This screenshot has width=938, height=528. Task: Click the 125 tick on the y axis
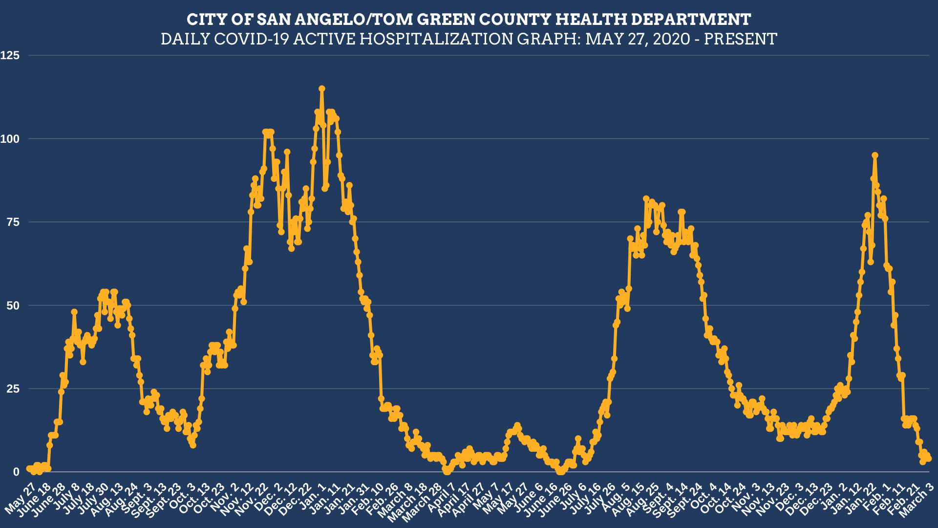coord(10,56)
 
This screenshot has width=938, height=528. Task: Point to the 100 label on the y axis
coord(10,139)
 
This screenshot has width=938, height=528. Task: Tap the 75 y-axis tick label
coord(13,222)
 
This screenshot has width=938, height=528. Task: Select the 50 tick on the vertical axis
coord(13,306)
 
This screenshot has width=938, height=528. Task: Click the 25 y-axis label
coord(13,389)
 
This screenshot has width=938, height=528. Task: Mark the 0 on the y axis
coord(16,472)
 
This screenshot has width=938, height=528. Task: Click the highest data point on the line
coord(322,89)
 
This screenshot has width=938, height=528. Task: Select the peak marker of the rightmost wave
coord(875,155)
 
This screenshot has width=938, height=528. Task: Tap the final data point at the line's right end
coord(929,459)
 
